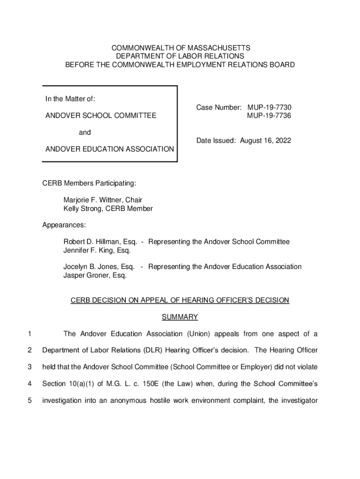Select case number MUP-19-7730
269,108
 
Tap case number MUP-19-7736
269,116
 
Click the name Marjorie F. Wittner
94,200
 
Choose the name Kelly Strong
85,209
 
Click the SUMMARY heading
180,317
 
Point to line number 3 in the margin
29,367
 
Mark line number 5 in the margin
29,400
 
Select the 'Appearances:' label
64,225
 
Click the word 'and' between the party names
85,132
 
